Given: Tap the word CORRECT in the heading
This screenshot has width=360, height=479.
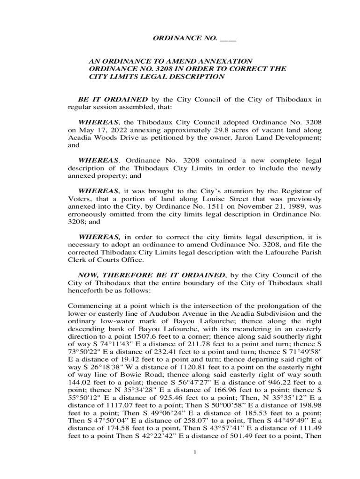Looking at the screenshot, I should [250, 69].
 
